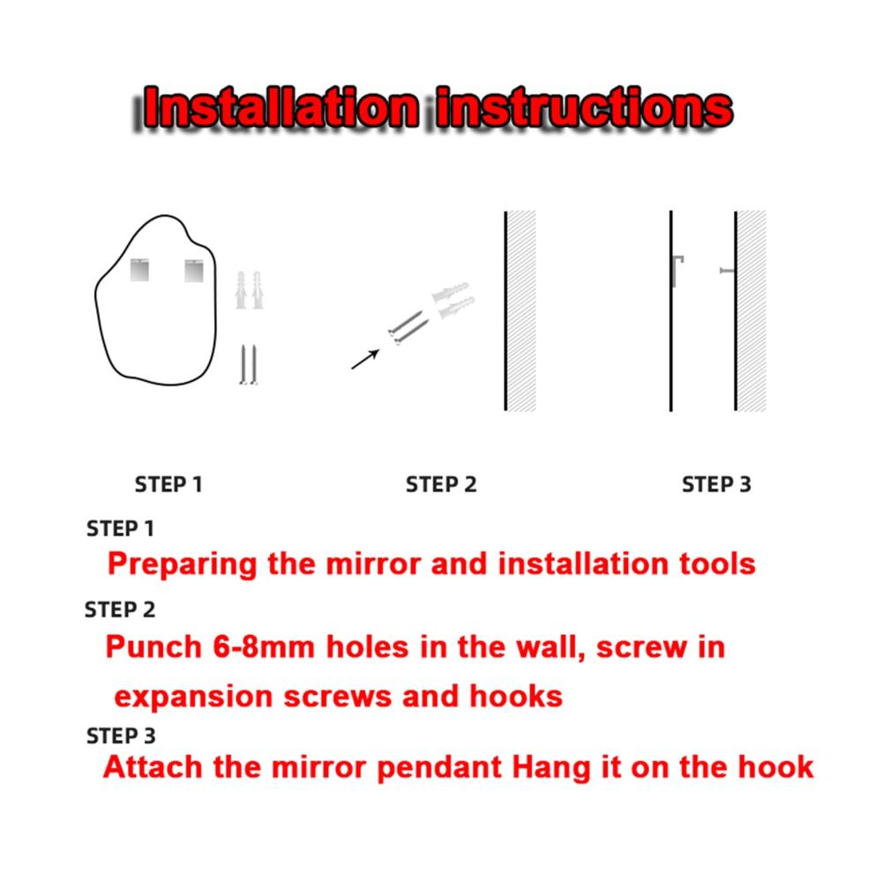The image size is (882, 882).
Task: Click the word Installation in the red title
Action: coord(281,107)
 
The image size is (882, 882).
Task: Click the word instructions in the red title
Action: coord(585,107)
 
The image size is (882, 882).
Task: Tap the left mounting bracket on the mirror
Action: coord(139,270)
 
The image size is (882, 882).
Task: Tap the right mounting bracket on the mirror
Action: coord(194,271)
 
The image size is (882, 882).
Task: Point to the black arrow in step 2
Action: coord(365,360)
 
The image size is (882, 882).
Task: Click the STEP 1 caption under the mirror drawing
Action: coord(168,484)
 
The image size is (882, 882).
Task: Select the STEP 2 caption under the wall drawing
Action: coord(441,484)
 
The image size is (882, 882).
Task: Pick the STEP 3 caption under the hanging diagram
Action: coord(716,484)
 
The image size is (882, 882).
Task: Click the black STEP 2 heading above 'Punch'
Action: coord(120,609)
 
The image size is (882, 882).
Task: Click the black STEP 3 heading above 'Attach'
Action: coord(121,736)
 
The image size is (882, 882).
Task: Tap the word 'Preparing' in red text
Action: coord(183,564)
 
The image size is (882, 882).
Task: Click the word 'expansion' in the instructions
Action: coord(193,698)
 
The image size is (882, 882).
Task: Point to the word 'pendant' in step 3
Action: coord(439,768)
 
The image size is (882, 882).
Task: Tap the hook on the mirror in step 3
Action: coord(677,271)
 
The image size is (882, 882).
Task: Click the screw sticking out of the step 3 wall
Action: coord(728,271)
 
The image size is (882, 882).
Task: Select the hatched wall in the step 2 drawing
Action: coord(521,311)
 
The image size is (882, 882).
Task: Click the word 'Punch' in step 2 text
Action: coord(153,647)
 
